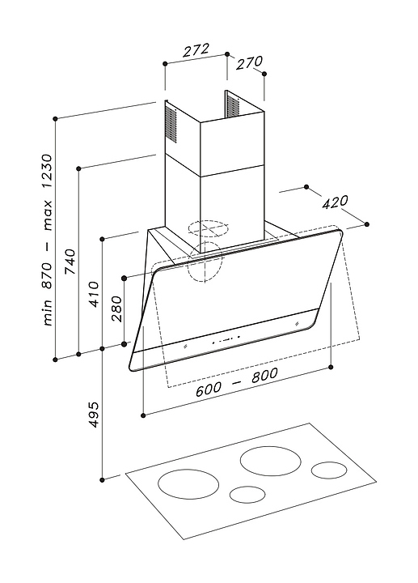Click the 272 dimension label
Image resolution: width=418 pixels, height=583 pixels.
(196, 50)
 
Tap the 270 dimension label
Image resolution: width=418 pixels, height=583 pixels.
(250, 62)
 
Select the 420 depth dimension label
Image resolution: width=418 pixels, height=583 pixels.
(335, 202)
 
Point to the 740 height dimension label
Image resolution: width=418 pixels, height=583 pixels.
(70, 262)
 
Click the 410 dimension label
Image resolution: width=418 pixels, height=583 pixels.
(94, 294)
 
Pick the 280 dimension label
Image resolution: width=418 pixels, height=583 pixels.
(116, 309)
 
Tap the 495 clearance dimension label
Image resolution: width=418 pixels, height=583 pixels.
(94, 415)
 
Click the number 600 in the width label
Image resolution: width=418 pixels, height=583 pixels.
(209, 389)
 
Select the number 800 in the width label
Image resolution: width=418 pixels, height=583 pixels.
(264, 376)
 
